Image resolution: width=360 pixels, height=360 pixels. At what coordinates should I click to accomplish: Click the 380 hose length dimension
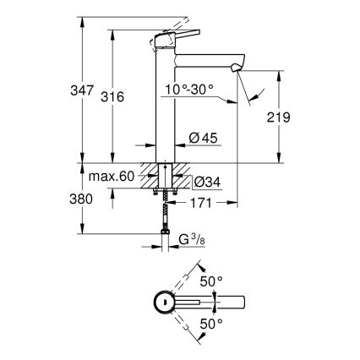67,202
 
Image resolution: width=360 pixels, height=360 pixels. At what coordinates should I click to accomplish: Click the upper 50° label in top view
210,280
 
